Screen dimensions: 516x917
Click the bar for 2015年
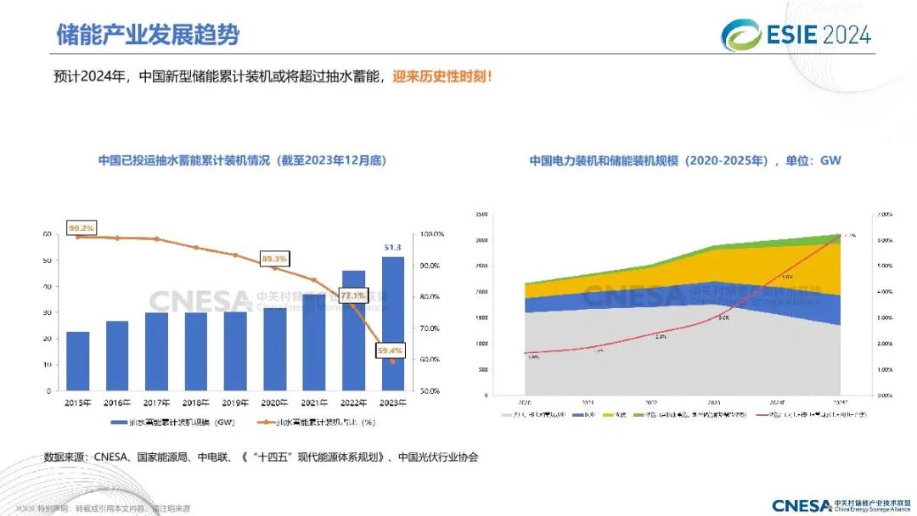click(78, 361)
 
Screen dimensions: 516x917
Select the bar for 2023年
click(393, 323)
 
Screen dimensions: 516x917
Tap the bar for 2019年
click(235, 351)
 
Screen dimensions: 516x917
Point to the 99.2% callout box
click(82, 228)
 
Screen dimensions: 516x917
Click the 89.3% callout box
click(274, 258)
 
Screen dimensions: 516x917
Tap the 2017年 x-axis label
click(156, 402)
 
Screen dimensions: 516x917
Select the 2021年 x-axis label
click(314, 402)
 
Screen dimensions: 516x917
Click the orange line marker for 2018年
click(196, 248)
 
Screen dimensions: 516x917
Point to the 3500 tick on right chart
click(481, 215)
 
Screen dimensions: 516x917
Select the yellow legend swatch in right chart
click(609, 415)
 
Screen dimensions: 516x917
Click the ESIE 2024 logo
click(796, 34)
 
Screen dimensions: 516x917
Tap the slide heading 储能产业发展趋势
click(147, 35)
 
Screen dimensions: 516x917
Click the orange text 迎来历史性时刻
click(442, 76)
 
